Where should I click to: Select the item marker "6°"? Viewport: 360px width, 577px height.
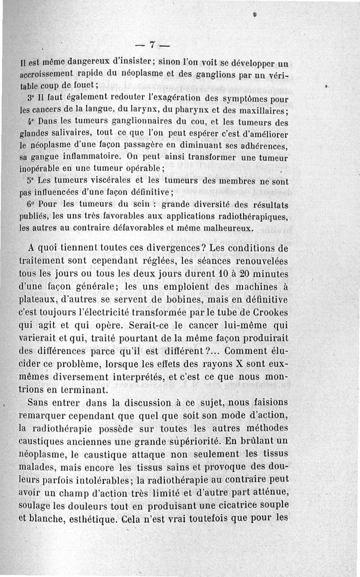click(30, 205)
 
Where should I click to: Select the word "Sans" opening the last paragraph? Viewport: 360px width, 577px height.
click(38, 402)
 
